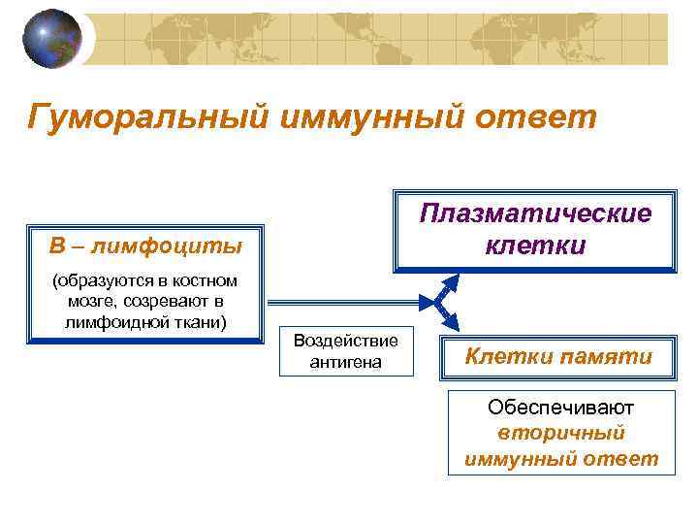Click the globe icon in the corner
tap(51, 40)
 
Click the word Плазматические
tap(535, 213)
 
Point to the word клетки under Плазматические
tap(535, 245)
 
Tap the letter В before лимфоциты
tap(56, 245)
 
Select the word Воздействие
tap(345, 342)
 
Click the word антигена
tap(345, 362)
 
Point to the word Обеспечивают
tap(560, 408)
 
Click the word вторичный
tap(560, 433)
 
